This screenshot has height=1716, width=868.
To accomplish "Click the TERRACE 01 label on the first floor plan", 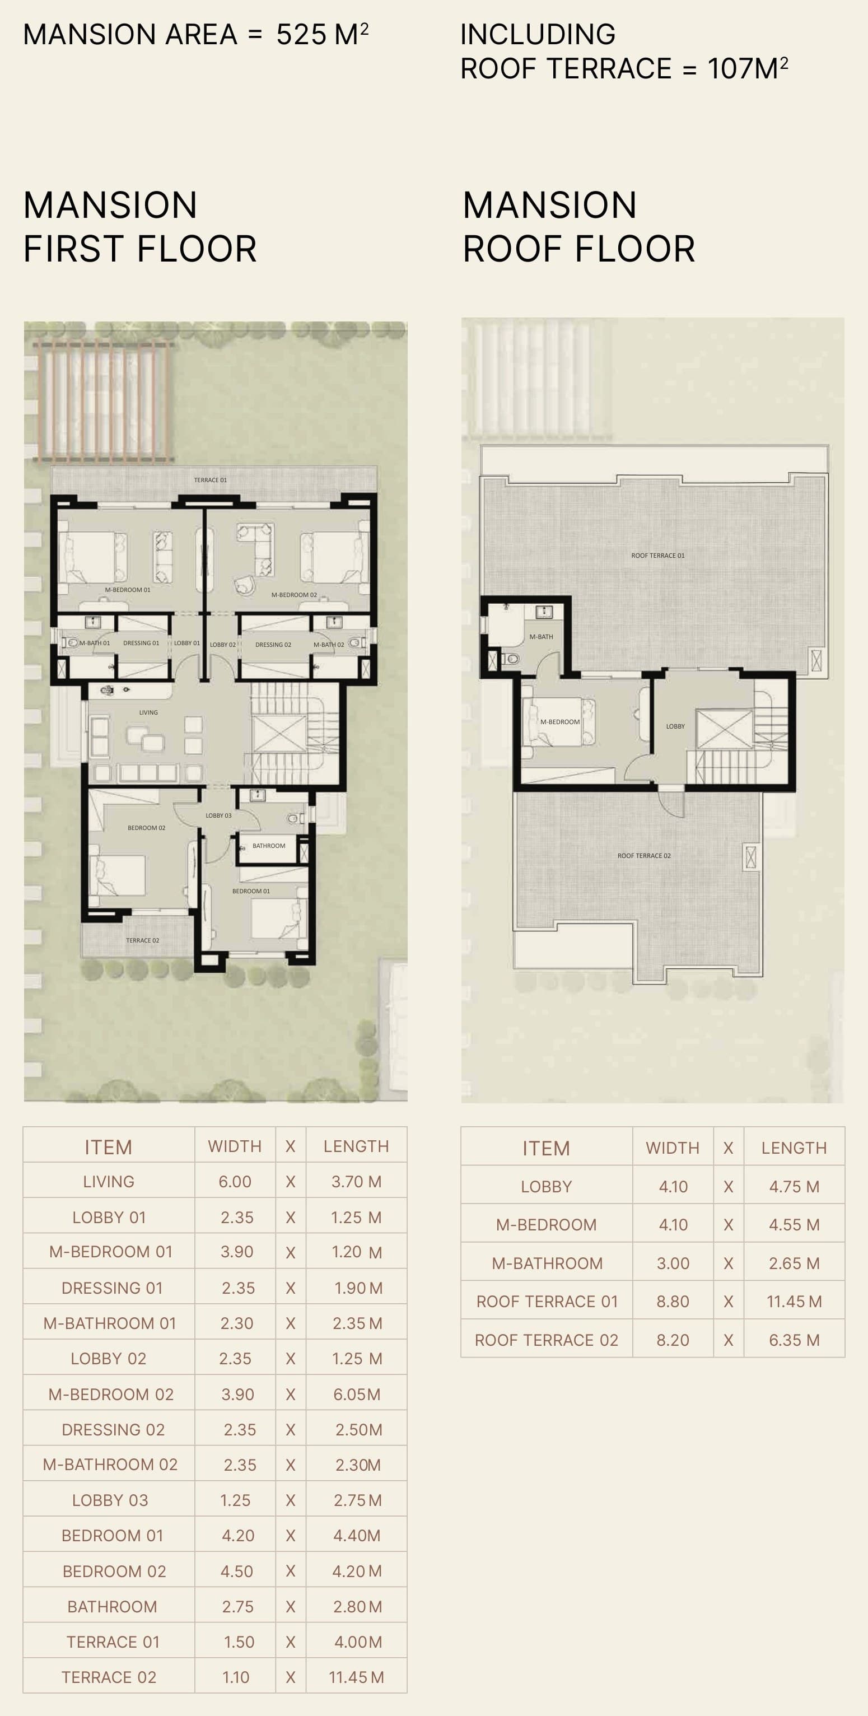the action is coord(211,479).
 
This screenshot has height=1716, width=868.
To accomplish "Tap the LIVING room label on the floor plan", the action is coord(148,712).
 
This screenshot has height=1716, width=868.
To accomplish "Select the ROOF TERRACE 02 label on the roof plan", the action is coord(644,855).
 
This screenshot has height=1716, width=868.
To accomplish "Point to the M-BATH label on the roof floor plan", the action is coord(541,637).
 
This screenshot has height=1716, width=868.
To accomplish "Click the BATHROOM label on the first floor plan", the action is coord(269,845).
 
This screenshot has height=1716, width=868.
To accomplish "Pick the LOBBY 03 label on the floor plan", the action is coord(218,815).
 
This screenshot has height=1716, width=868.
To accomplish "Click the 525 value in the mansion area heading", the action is coord(301,35).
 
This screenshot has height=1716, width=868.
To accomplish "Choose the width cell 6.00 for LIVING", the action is coord(235,1182).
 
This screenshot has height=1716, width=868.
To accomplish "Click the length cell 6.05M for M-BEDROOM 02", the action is coord(357,1395).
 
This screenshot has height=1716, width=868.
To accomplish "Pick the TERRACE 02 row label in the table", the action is coord(109,1677).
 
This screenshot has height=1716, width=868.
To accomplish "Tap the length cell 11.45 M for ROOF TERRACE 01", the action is coord(794,1301).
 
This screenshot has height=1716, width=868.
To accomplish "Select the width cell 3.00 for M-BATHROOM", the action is coord(673,1263).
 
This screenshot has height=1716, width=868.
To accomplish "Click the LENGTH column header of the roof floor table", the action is coord(794,1148).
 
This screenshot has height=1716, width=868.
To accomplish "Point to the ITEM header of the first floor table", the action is coord(108,1147).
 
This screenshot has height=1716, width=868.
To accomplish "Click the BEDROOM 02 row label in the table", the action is coord(114,1571).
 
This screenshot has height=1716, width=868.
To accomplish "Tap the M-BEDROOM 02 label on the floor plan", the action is coord(294,595).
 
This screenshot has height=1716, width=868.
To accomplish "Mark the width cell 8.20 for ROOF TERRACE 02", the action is coord(673,1340).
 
